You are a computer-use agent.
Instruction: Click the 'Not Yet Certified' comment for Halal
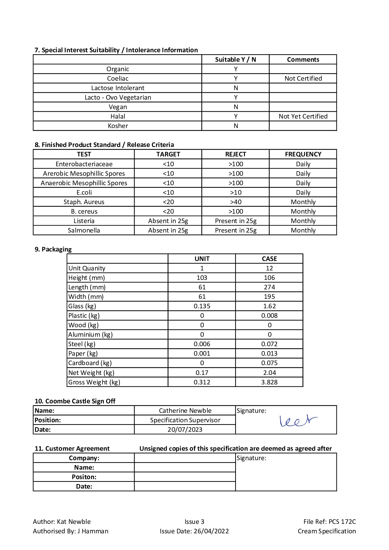[303, 116]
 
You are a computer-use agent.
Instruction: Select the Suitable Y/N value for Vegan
[235, 107]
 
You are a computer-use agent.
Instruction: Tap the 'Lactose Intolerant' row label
[118, 88]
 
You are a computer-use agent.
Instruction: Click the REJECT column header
[235, 154]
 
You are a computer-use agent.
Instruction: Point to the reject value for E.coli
[235, 192]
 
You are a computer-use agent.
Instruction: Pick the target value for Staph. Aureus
[168, 202]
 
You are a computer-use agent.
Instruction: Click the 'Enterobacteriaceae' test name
[84, 164]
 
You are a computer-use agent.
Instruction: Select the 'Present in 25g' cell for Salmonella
[235, 230]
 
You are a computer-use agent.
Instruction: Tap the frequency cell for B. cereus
[303, 211]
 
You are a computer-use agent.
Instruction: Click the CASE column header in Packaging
[269, 259]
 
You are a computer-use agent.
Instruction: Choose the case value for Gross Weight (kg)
[269, 382]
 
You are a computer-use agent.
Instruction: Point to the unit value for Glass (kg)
[202, 306]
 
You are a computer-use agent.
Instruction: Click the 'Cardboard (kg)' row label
[90, 363]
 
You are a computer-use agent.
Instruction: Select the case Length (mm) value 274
[269, 287]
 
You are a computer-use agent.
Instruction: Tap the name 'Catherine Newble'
[185, 411]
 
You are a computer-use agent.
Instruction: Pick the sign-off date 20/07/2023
[185, 429]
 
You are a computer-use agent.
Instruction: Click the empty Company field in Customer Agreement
[185, 458]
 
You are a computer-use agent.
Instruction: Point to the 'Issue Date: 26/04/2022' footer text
[194, 531]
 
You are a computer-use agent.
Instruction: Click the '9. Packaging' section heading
[53, 249]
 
